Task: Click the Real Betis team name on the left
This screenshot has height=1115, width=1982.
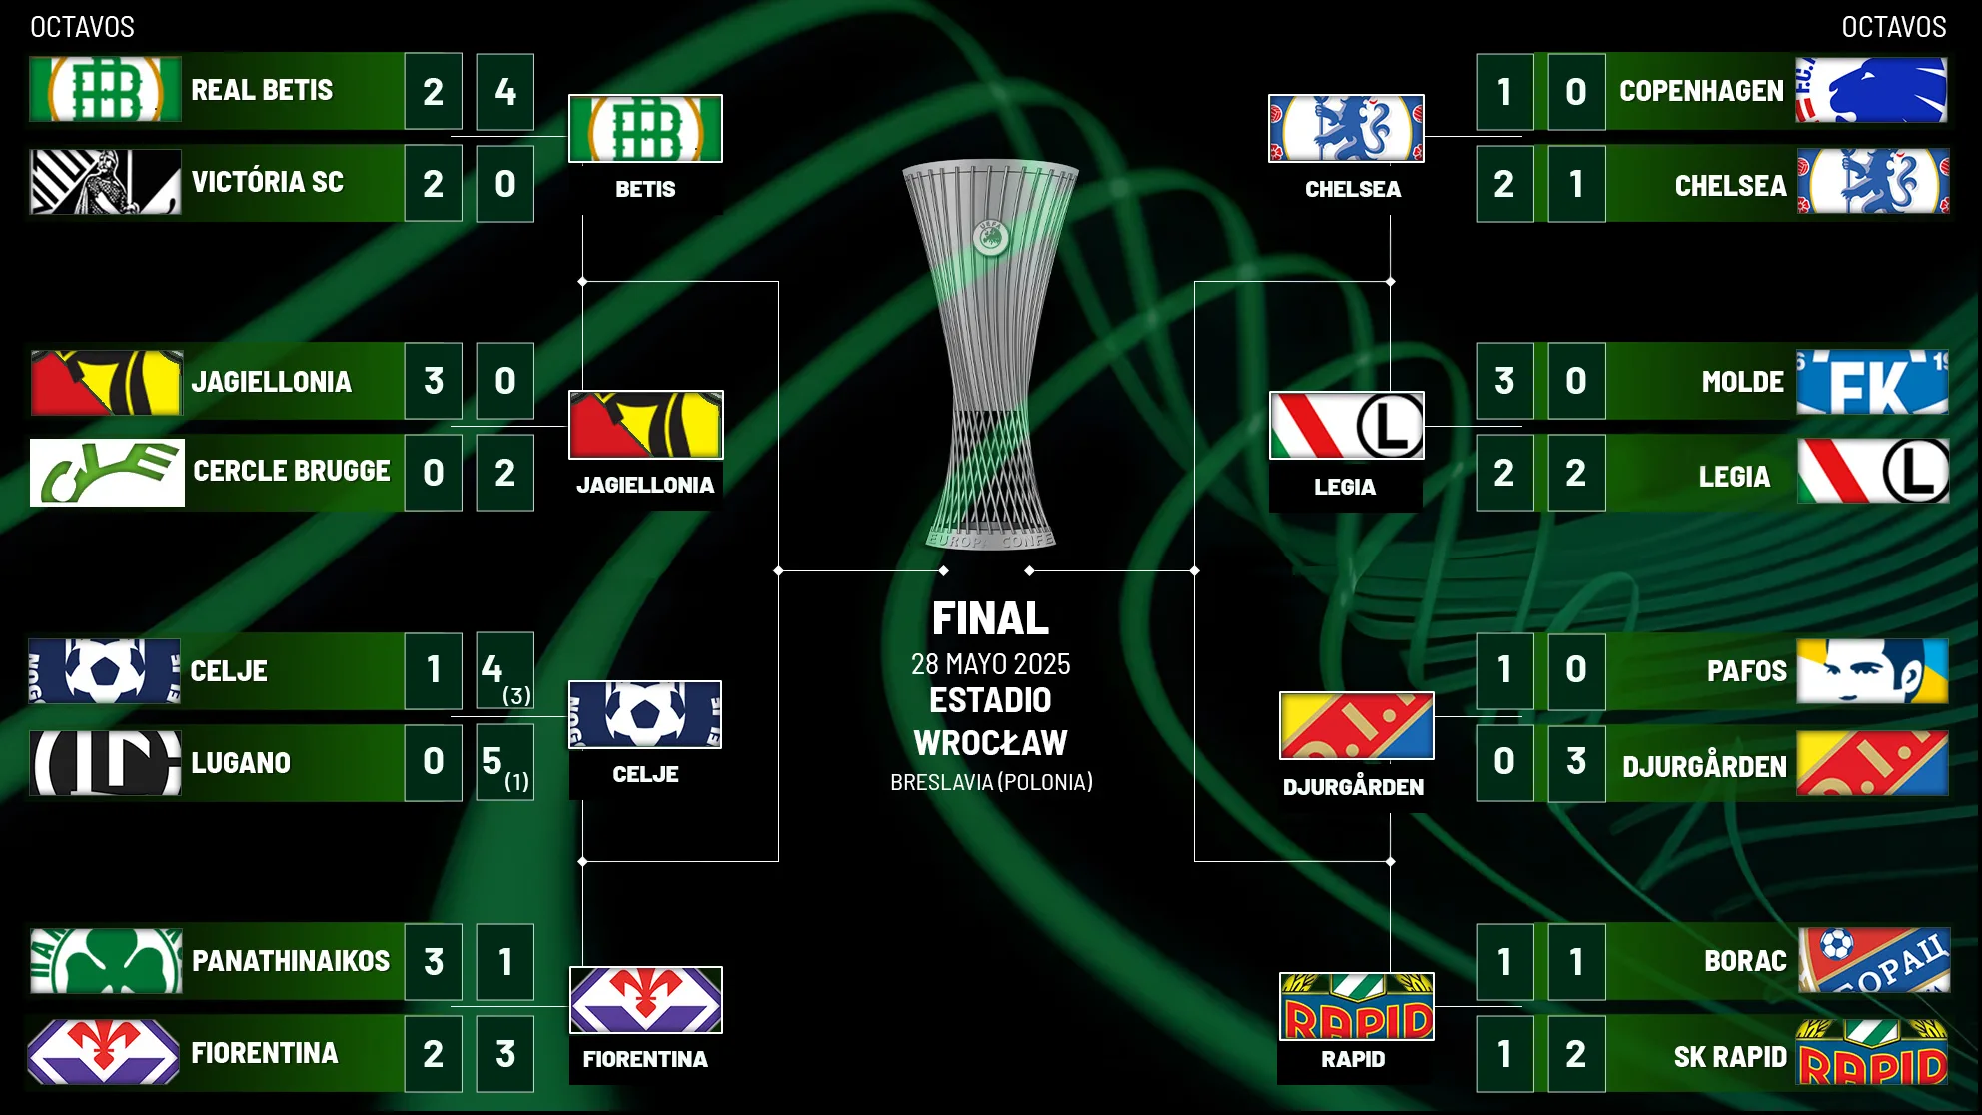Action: pyautogui.click(x=262, y=90)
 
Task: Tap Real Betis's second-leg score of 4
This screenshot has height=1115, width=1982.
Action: pyautogui.click(x=505, y=92)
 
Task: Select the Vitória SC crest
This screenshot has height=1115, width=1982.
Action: pyautogui.click(x=105, y=182)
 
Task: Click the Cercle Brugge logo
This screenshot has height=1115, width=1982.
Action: pyautogui.click(x=107, y=473)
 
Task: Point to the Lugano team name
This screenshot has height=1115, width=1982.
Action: pyautogui.click(x=241, y=763)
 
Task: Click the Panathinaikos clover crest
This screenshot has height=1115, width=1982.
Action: pyautogui.click(x=106, y=961)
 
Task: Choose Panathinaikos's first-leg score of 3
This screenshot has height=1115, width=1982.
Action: pyautogui.click(x=434, y=962)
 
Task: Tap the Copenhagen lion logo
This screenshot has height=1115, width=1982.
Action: pyautogui.click(x=1871, y=90)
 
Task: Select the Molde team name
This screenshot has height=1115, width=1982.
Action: pyautogui.click(x=1742, y=382)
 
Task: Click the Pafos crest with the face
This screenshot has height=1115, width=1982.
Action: pyautogui.click(x=1872, y=671)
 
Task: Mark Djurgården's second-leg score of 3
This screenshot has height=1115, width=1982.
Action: pyautogui.click(x=1576, y=762)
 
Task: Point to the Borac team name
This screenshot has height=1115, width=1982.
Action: pyautogui.click(x=1745, y=961)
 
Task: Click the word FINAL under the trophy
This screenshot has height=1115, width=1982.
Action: pyautogui.click(x=990, y=618)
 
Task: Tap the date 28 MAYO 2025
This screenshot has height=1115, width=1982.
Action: pyautogui.click(x=990, y=664)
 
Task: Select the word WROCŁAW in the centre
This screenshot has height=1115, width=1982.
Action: pyautogui.click(x=990, y=743)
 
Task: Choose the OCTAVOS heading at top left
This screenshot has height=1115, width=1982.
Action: pyautogui.click(x=82, y=27)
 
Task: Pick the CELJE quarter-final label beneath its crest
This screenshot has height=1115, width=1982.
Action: pyautogui.click(x=645, y=774)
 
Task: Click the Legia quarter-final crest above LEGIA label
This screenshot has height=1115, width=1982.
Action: pyautogui.click(x=1346, y=426)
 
